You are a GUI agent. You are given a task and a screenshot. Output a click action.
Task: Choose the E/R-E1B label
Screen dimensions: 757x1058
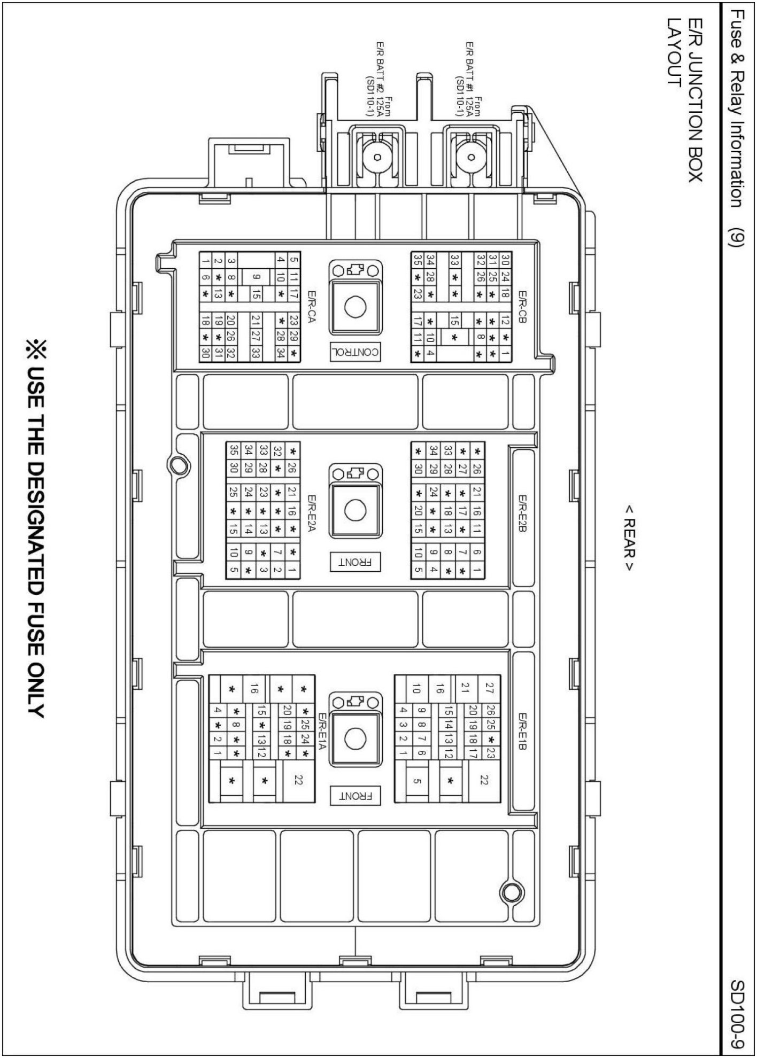pyautogui.click(x=523, y=731)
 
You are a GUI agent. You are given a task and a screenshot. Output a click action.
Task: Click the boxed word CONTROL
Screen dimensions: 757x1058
pyautogui.click(x=355, y=352)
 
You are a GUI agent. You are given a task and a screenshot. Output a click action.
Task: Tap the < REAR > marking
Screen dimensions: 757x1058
pyautogui.click(x=629, y=544)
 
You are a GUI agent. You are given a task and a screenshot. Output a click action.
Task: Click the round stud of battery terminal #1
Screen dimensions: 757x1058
pyautogui.click(x=471, y=158)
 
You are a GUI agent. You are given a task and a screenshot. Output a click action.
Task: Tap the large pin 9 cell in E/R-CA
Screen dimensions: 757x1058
pyautogui.click(x=256, y=276)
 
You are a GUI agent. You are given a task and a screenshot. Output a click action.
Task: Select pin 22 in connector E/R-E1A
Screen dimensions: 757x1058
pyautogui.click(x=298, y=781)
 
